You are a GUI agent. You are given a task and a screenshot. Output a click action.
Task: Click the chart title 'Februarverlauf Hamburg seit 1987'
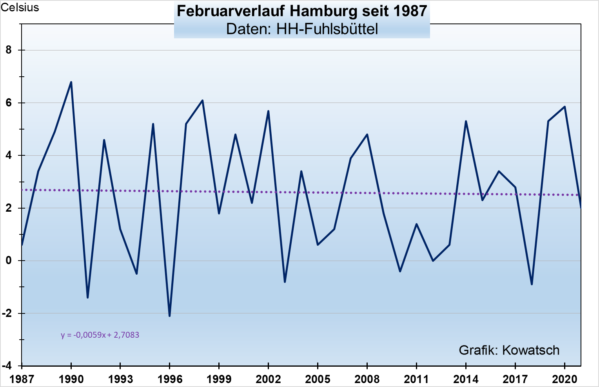[x=302, y=11]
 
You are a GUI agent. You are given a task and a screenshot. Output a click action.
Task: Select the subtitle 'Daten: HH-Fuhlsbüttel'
[x=302, y=29]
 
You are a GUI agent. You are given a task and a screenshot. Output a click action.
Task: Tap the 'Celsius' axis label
[x=20, y=7]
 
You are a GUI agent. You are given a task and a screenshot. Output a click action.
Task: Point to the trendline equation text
[x=100, y=335]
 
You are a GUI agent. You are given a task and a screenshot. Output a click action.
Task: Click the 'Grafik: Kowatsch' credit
[x=509, y=350]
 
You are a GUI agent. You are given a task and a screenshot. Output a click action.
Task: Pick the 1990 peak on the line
[x=71, y=82]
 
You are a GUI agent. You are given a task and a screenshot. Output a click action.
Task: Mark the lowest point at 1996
[x=169, y=316]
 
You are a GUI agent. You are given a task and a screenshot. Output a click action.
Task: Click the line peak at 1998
[x=202, y=101]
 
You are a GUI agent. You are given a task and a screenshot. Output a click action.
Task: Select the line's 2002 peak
[x=268, y=111]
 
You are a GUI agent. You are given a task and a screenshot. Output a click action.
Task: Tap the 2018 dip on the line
[x=532, y=284]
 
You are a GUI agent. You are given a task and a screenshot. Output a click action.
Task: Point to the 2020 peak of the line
[x=565, y=107]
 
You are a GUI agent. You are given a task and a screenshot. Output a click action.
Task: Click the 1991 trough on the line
[x=87, y=297]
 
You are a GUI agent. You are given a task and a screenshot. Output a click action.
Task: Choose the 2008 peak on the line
[x=367, y=135]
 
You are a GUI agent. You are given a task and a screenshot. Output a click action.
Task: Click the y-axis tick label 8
[x=9, y=50]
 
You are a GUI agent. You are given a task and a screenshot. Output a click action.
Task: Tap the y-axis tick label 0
[x=9, y=261]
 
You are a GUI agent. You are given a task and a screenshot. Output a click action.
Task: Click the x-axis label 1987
[x=22, y=379]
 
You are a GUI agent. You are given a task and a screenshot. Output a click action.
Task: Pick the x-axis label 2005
[x=318, y=379]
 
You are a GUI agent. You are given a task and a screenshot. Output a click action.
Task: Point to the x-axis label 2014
[x=466, y=379]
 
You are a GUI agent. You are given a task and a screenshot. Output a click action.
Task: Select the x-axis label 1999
[x=219, y=379]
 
